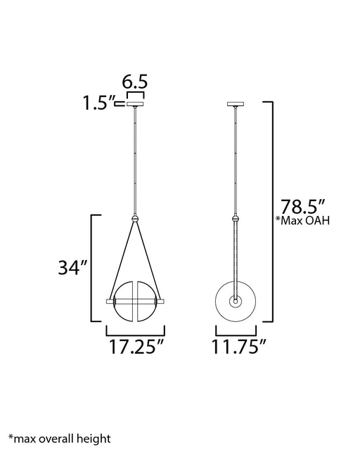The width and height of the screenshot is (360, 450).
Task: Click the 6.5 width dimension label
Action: click(134, 82)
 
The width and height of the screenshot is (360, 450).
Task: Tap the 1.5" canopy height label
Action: click(98, 103)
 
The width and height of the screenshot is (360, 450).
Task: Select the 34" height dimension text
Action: click(72, 268)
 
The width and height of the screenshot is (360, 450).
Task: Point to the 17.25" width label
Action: click(136, 347)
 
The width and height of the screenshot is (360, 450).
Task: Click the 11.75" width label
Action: click(239, 347)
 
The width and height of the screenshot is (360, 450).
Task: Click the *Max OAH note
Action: click(302, 221)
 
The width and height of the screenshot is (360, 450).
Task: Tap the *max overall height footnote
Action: click(60, 439)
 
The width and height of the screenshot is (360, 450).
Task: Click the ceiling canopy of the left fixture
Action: click(135, 103)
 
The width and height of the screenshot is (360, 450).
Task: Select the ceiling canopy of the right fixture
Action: click(236, 103)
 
